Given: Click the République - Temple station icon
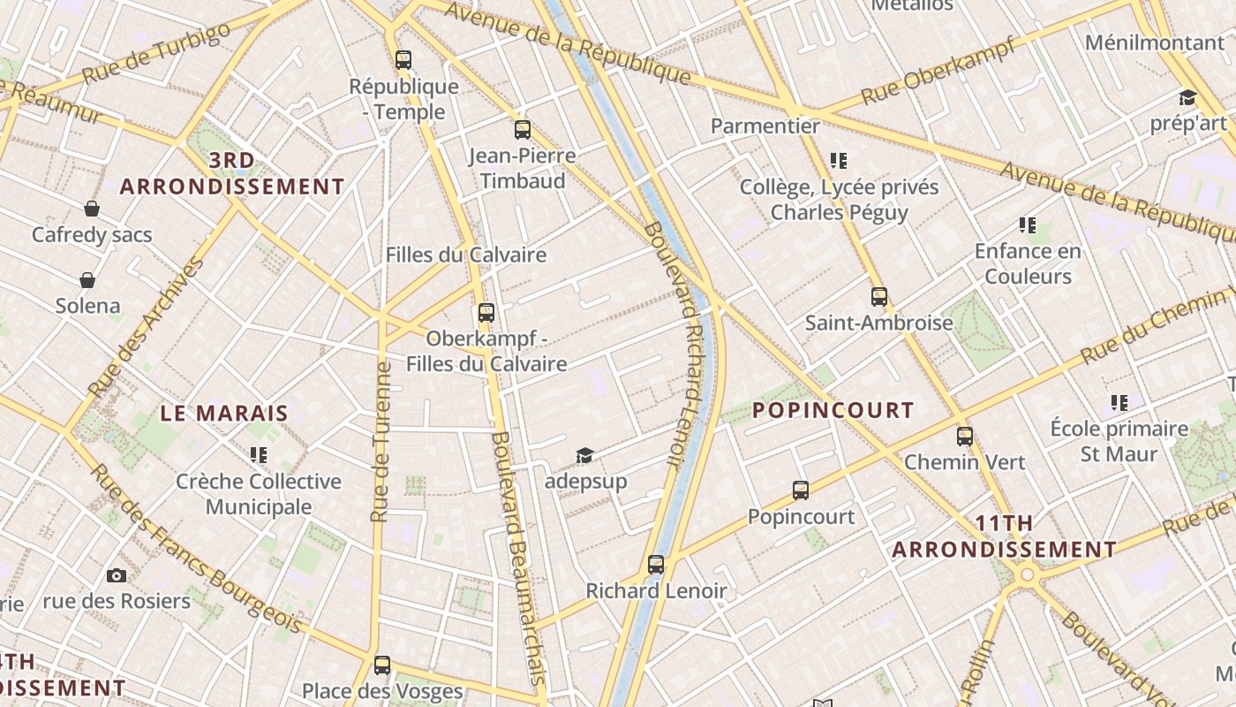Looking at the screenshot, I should click(x=403, y=60).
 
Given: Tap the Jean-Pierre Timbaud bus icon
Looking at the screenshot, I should click(x=523, y=130).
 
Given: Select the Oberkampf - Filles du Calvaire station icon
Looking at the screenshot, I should click(x=486, y=312).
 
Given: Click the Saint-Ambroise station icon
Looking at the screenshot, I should click(x=879, y=297).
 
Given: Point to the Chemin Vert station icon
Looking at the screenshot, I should click(x=965, y=436).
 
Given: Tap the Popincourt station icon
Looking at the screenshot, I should click(x=801, y=490).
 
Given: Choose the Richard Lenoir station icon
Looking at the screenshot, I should click(x=656, y=564).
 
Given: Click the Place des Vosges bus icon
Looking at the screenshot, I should click(x=382, y=665).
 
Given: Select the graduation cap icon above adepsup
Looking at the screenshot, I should click(x=584, y=455).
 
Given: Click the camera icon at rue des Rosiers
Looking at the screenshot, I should click(x=117, y=575).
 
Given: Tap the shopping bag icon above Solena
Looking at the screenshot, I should click(x=87, y=280).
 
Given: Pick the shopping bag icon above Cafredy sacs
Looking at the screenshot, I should click(x=92, y=209).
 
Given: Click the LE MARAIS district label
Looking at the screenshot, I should click(x=224, y=413).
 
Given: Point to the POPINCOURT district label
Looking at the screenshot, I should click(x=833, y=410).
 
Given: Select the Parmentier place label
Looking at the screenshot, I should click(x=765, y=126).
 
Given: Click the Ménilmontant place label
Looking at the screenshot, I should click(x=1155, y=42).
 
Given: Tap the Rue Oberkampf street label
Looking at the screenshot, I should click(x=938, y=71).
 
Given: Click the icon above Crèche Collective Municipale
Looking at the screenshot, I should click(x=258, y=455).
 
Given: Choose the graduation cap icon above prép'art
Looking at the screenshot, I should click(x=1187, y=97).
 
